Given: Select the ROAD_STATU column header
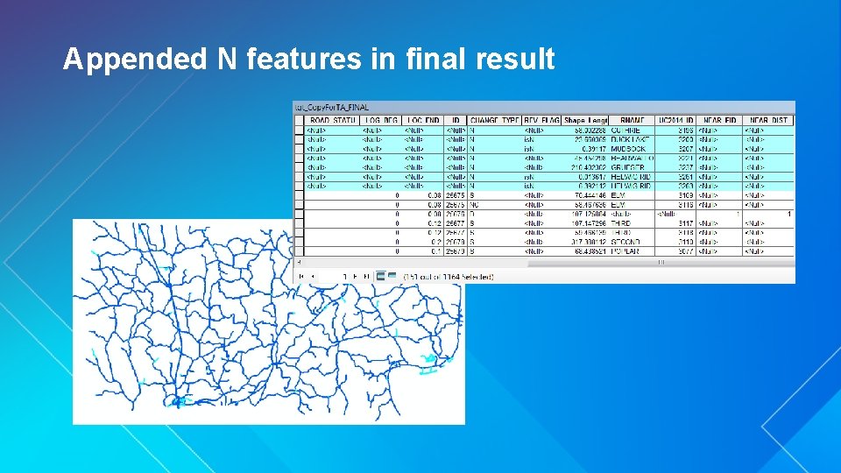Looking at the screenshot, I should pyautogui.click(x=332, y=120).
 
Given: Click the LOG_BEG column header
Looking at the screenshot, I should pyautogui.click(x=381, y=120).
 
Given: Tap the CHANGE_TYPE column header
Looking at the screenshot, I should pyautogui.click(x=495, y=120).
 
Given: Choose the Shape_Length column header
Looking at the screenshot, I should pyautogui.click(x=586, y=120).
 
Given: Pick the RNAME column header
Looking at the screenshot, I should pyautogui.click(x=632, y=120).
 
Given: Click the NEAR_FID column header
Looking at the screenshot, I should pyautogui.click(x=719, y=120).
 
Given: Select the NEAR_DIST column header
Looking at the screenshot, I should pyautogui.click(x=768, y=120).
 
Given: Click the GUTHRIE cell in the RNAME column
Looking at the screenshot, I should pyautogui.click(x=625, y=130).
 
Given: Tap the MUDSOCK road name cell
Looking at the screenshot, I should pyautogui.click(x=628, y=148).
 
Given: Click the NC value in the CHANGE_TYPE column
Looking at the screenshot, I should pyautogui.click(x=475, y=204).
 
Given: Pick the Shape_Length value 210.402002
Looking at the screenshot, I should pyautogui.click(x=589, y=167).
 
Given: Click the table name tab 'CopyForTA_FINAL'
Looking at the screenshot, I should pyautogui.click(x=333, y=108).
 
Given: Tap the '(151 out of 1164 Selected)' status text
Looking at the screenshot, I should pyautogui.click(x=449, y=277).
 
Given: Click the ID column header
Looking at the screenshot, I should pyautogui.click(x=456, y=120).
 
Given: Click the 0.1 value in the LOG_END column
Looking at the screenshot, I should pyautogui.click(x=435, y=251).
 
